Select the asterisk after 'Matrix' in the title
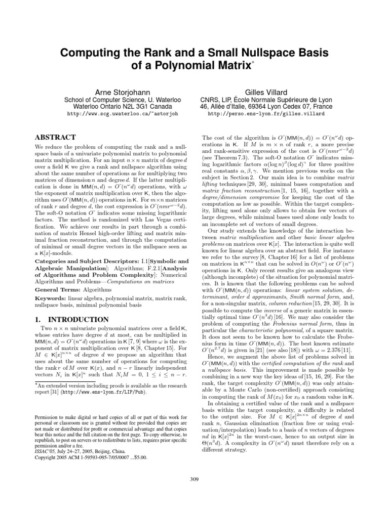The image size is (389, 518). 253,62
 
